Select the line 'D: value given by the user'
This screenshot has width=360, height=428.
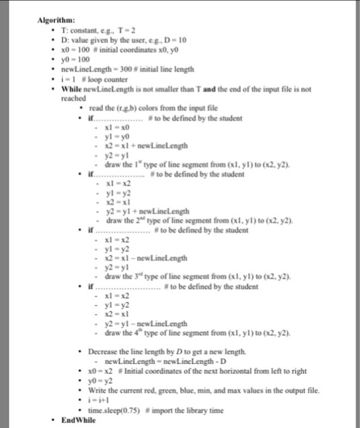[x=122, y=40]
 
